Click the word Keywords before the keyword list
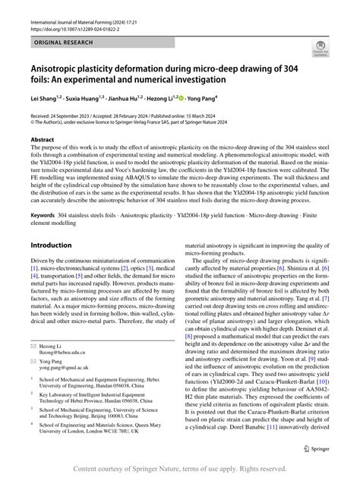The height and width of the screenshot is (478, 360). [42, 215]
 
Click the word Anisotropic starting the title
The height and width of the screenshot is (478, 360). [61, 68]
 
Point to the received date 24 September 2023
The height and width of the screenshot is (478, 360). [74, 114]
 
